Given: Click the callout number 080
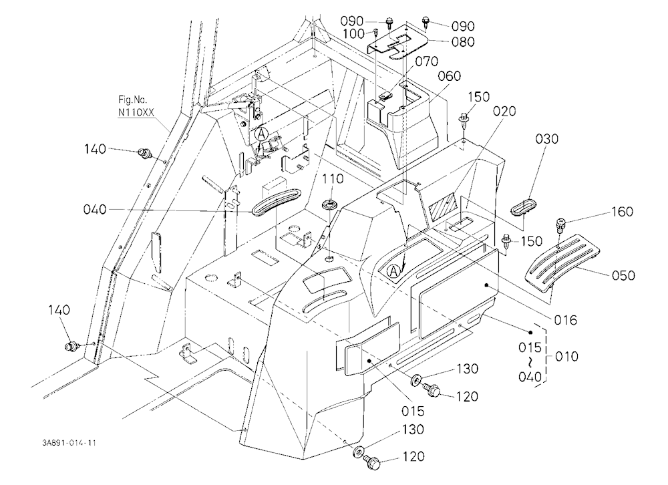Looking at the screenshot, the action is pyautogui.click(x=463, y=42).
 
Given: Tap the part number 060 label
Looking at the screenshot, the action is pyautogui.click(x=449, y=76).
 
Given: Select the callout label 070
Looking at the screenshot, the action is pyautogui.click(x=426, y=61).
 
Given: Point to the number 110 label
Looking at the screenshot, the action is pyautogui.click(x=332, y=178).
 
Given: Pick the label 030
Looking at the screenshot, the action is pyautogui.click(x=546, y=138).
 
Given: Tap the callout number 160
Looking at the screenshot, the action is pyautogui.click(x=622, y=211).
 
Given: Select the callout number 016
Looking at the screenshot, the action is pyautogui.click(x=565, y=319).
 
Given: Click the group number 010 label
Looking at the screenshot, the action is pyautogui.click(x=566, y=356).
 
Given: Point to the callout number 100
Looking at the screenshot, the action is pyautogui.click(x=353, y=33).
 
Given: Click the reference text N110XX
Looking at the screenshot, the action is pyautogui.click(x=136, y=112).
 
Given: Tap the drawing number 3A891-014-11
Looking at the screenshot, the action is pyautogui.click(x=69, y=443).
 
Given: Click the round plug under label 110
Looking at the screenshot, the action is pyautogui.click(x=329, y=205).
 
